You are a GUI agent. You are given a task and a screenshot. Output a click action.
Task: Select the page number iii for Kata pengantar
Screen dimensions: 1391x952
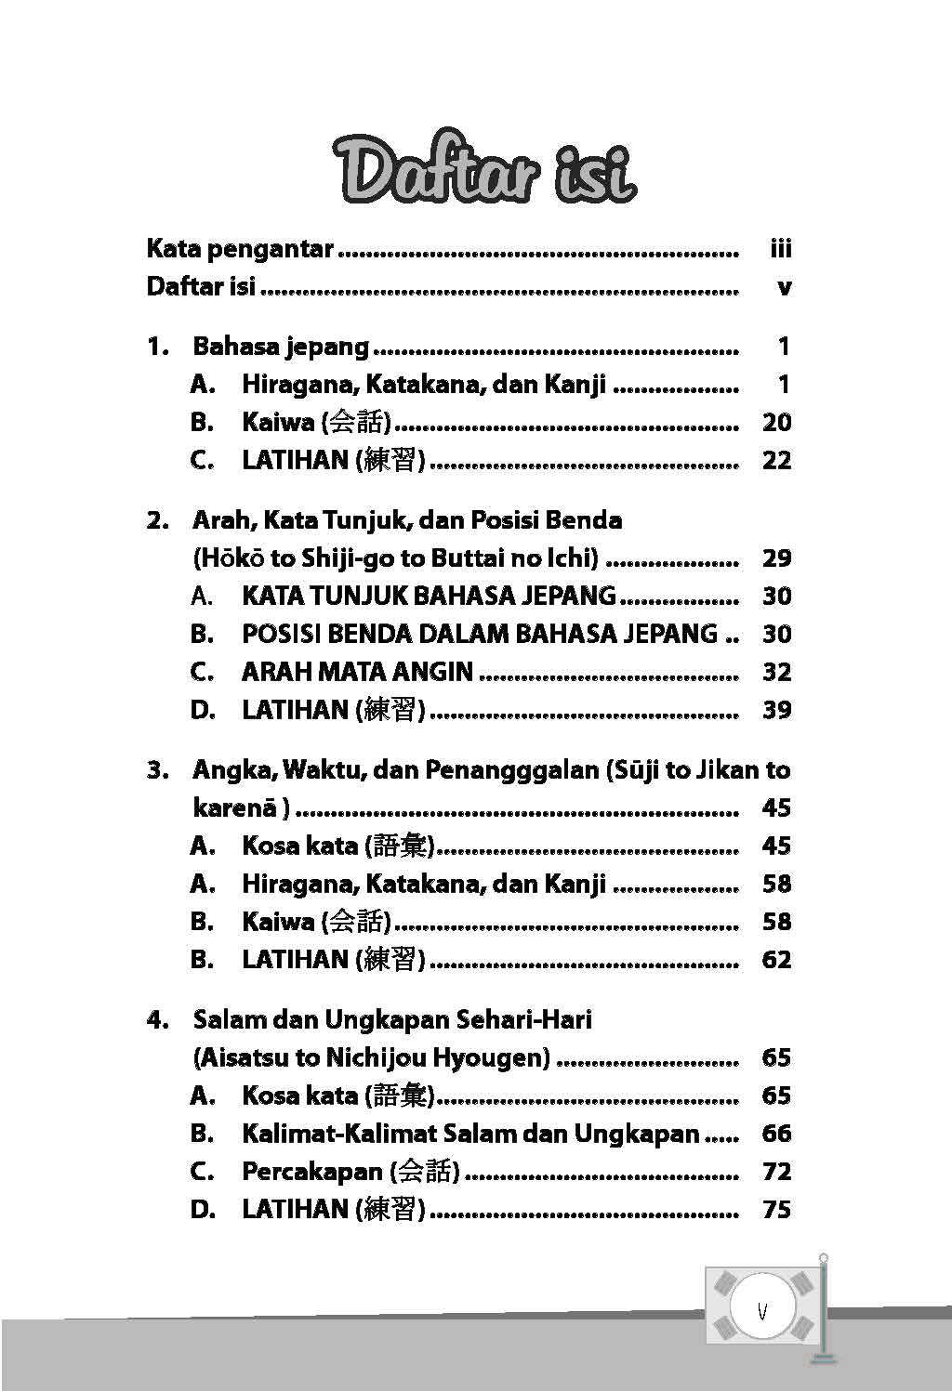coord(780,249)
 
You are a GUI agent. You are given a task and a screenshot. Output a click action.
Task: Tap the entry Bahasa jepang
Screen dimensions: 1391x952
coord(281,347)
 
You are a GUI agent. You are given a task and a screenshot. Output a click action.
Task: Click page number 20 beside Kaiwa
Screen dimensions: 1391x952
coord(776,423)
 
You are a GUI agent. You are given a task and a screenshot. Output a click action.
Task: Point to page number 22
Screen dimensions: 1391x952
coord(776,460)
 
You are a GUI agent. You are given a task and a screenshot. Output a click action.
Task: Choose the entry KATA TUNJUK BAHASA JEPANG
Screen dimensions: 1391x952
coord(429,596)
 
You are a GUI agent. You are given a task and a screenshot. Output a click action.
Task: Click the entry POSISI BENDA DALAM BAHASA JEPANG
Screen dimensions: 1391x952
coord(480,634)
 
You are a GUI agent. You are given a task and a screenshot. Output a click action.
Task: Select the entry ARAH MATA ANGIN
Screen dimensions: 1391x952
coord(357,672)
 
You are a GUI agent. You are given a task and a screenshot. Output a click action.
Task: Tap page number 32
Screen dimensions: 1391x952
coord(776,672)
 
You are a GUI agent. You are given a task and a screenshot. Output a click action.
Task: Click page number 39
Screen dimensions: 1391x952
coord(776,710)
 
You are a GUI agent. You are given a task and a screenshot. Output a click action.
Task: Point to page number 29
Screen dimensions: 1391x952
coord(776,558)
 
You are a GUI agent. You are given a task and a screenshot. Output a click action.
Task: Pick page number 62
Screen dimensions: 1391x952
coord(776,960)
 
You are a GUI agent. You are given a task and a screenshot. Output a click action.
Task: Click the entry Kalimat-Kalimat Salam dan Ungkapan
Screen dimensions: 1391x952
coord(470,1134)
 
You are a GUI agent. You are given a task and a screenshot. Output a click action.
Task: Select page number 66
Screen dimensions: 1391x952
coord(776,1134)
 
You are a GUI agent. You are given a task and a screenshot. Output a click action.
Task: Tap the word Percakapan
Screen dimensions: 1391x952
coord(312,1172)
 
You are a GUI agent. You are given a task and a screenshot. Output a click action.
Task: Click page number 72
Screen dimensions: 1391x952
coord(776,1172)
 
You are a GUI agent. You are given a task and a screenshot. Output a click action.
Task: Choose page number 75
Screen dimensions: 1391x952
coord(776,1210)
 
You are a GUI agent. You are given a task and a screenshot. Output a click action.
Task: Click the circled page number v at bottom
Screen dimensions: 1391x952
coord(762,1311)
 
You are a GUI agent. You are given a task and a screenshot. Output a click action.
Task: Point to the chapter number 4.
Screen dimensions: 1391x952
coord(156,1020)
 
